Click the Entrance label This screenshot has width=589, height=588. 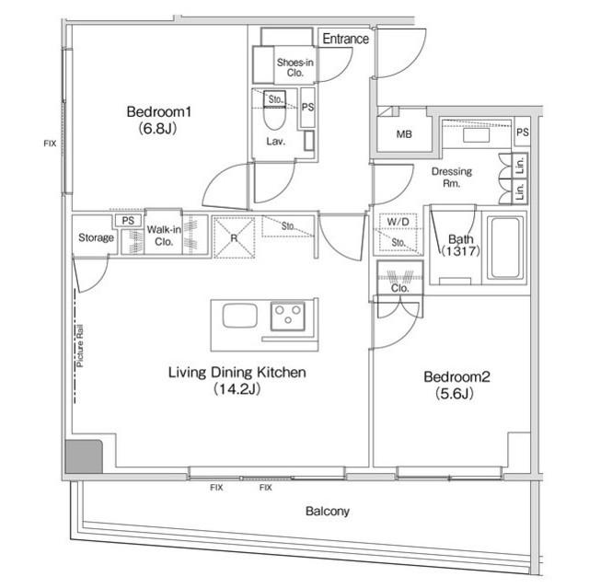point(345,40)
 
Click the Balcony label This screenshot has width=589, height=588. point(328,511)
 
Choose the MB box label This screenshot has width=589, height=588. point(403,135)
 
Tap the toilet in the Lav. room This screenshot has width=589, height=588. point(274,118)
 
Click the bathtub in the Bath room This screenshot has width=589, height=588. point(507,248)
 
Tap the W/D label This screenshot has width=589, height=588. point(398,223)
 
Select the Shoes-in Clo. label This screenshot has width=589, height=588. point(295,67)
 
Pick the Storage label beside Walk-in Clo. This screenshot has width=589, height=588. point(97,238)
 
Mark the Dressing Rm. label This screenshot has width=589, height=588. point(452,178)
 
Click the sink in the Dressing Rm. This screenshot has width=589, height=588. point(477,134)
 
